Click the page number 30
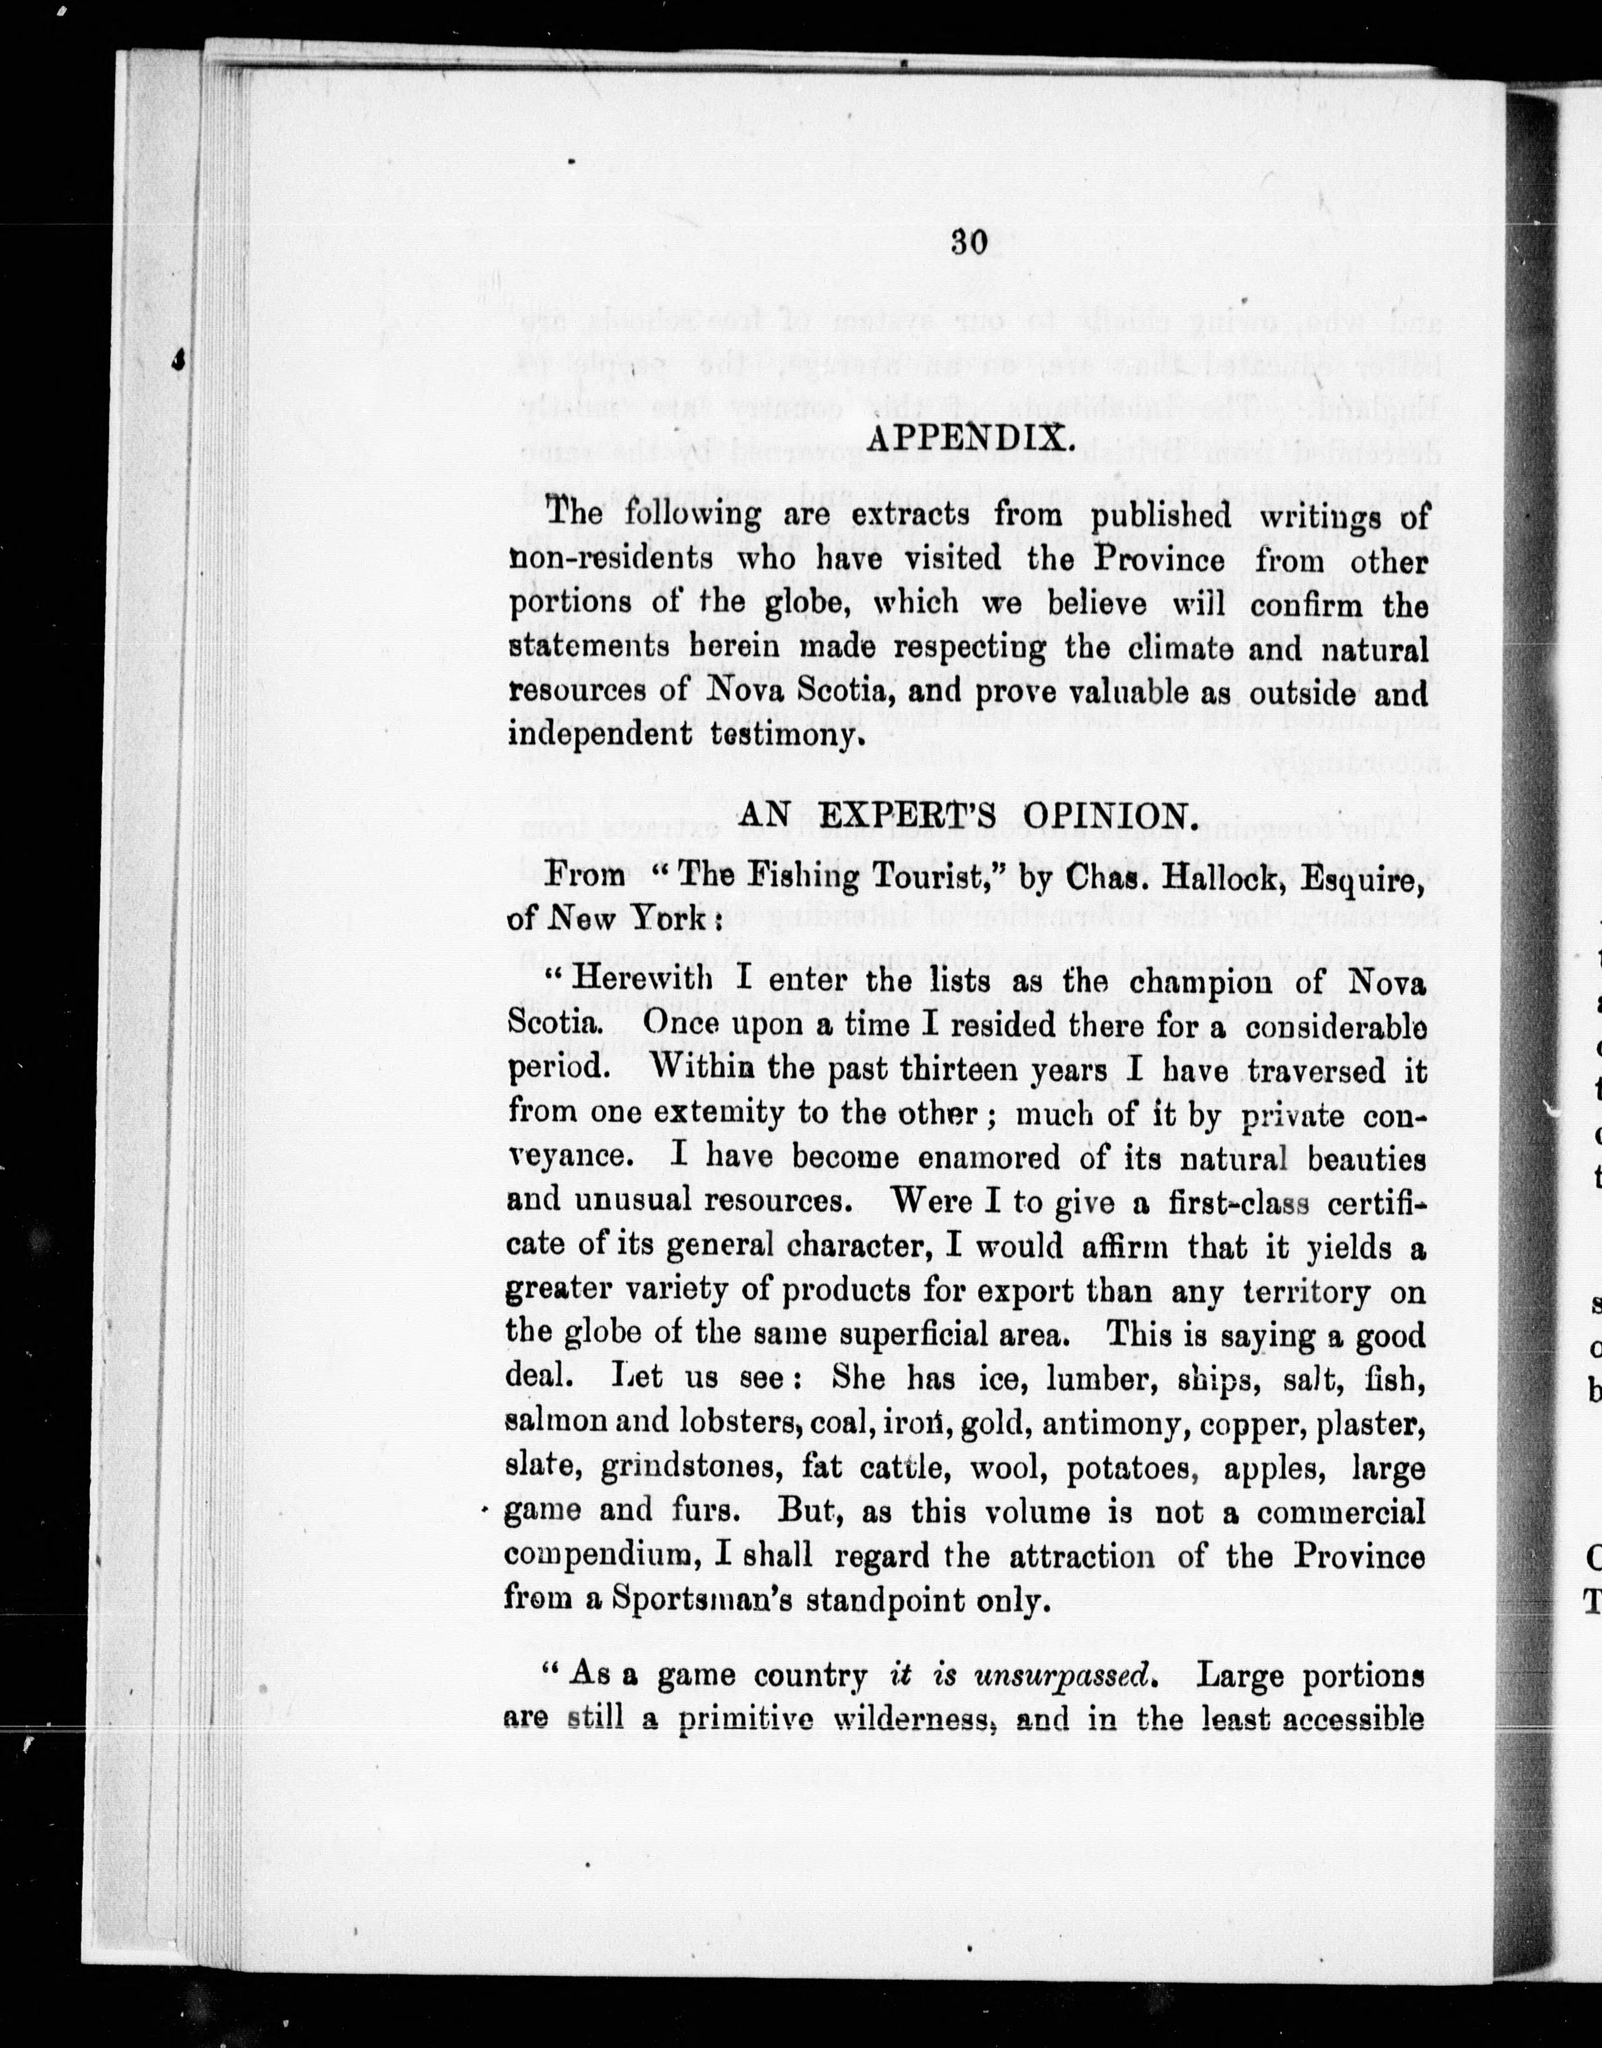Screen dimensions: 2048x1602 click(970, 243)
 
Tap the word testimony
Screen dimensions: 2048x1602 click(784, 735)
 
